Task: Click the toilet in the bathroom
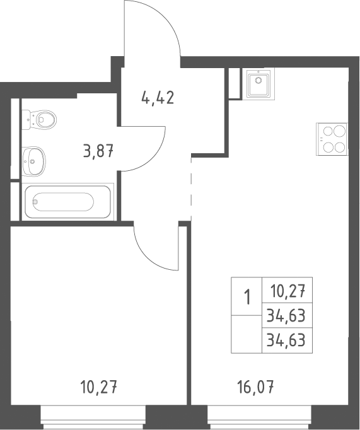pos(39,120)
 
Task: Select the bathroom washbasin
pos(33,161)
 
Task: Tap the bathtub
pos(67,202)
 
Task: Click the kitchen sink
pos(258,83)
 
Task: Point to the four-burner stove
pos(332,139)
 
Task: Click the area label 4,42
pos(158,98)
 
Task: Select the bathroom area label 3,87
pos(98,151)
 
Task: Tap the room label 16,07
pos(255,388)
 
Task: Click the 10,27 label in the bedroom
pos(99,388)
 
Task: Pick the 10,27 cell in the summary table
pos(287,290)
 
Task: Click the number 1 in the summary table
pos(247,298)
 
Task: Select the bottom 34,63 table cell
pos(287,340)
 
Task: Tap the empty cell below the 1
pos(247,334)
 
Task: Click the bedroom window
pos(93,417)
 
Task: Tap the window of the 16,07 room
pos(260,417)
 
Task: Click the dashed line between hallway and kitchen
pos(191,189)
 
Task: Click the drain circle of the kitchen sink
pos(258,80)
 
